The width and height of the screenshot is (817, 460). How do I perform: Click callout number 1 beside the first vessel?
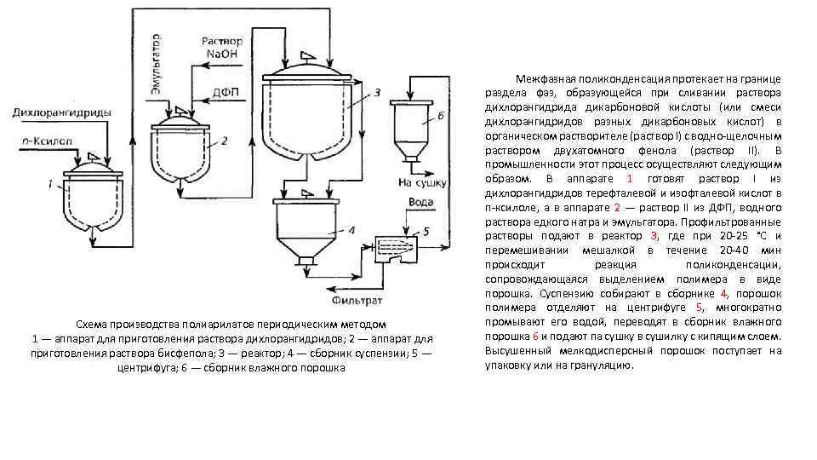(50, 182)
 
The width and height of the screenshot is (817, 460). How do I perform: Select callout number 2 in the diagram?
(224, 141)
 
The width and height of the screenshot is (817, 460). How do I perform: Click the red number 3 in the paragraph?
(654, 234)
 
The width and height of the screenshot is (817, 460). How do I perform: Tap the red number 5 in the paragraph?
(699, 307)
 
